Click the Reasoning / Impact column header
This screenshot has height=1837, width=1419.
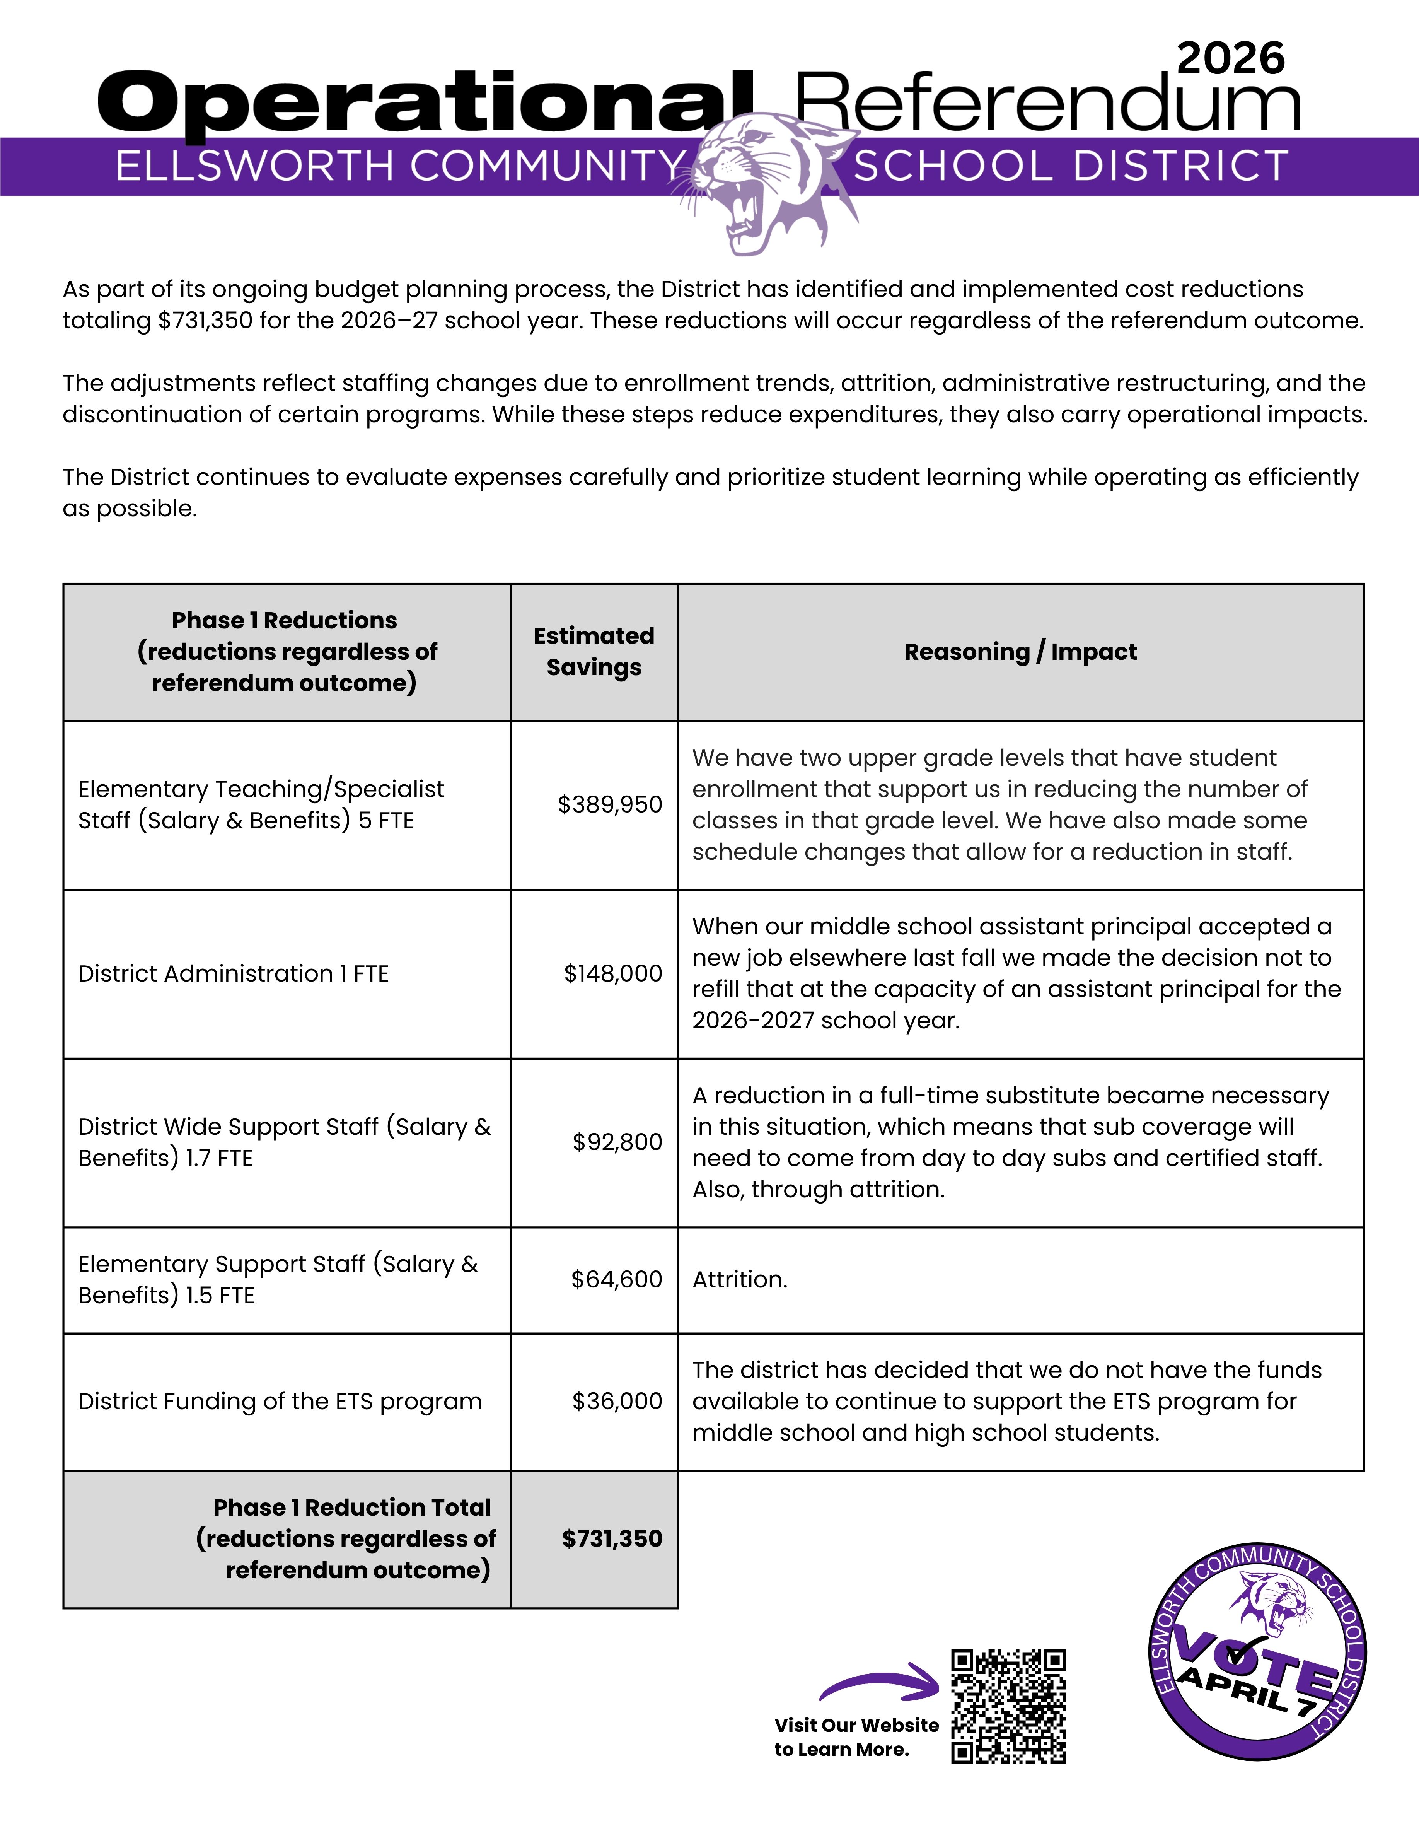click(1020, 652)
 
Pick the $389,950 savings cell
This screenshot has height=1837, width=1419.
click(610, 805)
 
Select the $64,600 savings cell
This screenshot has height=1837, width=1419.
click(617, 1279)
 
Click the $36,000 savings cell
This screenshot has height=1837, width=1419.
click(617, 1401)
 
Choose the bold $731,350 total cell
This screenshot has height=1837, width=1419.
click(612, 1539)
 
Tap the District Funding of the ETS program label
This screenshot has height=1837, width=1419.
click(279, 1401)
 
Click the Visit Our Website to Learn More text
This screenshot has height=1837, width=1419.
click(856, 1737)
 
